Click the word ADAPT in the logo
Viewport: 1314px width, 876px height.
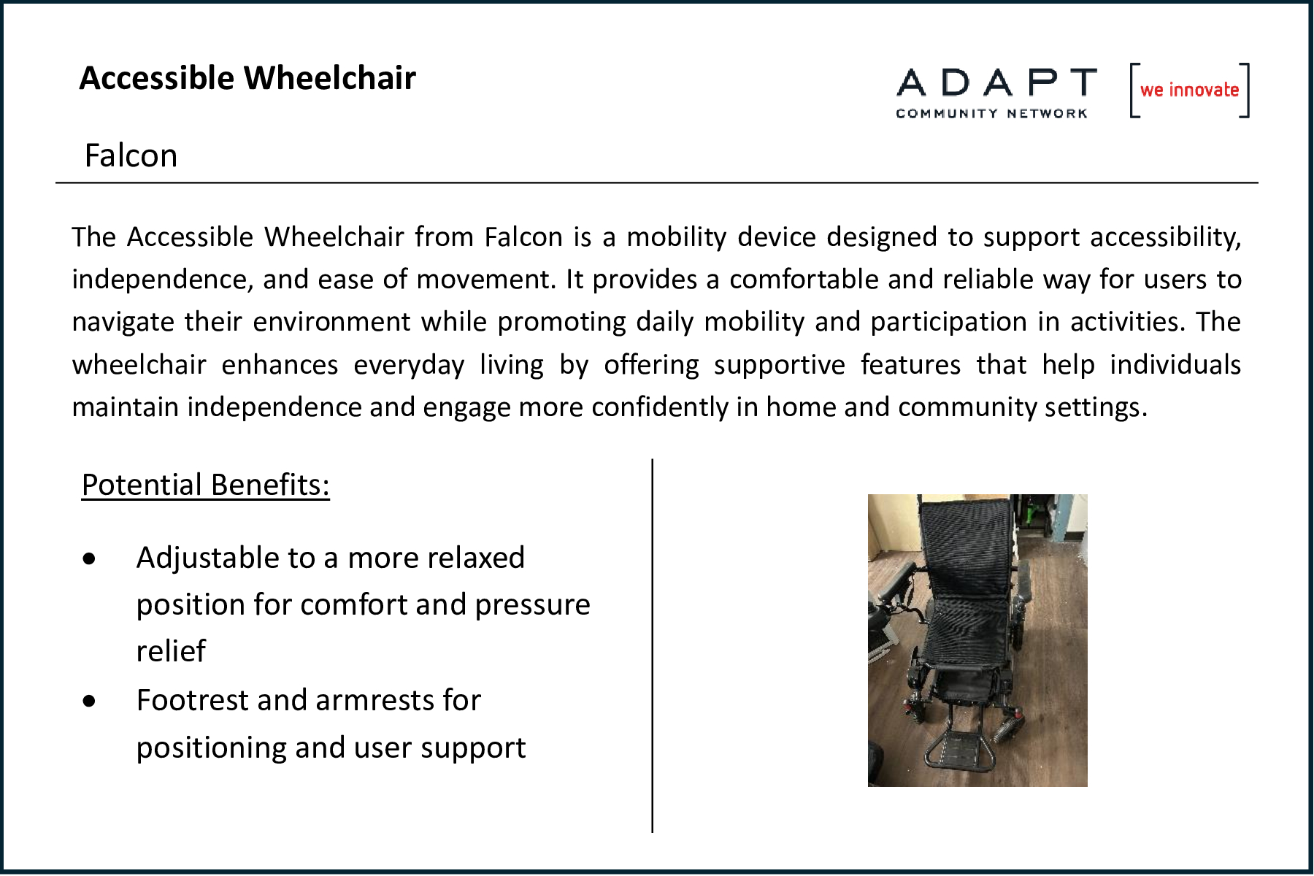(x=996, y=82)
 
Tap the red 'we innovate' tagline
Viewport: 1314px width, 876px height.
(x=1190, y=90)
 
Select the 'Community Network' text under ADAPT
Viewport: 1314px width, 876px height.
(x=991, y=113)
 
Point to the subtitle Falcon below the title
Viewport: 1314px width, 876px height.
(x=131, y=155)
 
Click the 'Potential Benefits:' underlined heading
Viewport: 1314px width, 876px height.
(x=205, y=485)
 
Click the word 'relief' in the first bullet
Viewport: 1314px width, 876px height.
(x=171, y=650)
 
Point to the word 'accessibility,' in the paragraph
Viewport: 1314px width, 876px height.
(x=1165, y=237)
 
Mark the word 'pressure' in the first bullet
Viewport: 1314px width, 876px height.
(x=532, y=605)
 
